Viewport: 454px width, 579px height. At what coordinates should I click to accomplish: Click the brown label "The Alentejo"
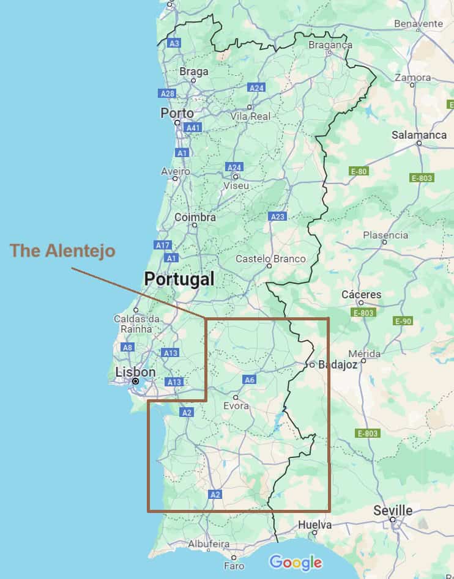(x=62, y=251)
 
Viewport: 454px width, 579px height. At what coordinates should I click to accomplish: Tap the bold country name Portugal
(x=179, y=280)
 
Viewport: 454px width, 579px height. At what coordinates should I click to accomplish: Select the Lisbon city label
(x=135, y=372)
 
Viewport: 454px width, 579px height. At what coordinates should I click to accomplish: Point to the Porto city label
(x=177, y=113)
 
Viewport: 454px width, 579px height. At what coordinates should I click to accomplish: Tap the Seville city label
(x=393, y=511)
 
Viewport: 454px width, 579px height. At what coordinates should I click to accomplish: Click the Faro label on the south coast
(x=234, y=566)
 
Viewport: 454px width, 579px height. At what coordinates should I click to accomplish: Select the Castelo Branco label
(x=270, y=259)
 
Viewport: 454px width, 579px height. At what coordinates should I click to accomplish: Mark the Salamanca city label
(x=419, y=135)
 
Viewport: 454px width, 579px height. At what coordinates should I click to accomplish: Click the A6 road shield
(x=249, y=380)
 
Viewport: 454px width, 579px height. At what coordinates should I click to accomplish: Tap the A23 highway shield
(x=277, y=216)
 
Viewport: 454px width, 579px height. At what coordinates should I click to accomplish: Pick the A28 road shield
(x=166, y=94)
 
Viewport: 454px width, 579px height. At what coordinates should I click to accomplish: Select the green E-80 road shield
(x=359, y=171)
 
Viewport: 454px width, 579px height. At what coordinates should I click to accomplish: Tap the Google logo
(x=296, y=562)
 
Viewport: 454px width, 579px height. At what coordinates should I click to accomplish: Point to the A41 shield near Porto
(x=193, y=128)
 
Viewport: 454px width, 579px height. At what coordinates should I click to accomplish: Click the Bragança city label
(x=330, y=45)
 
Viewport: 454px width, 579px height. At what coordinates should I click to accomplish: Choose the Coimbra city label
(x=195, y=217)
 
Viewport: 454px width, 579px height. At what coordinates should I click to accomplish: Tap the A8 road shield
(x=127, y=347)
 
